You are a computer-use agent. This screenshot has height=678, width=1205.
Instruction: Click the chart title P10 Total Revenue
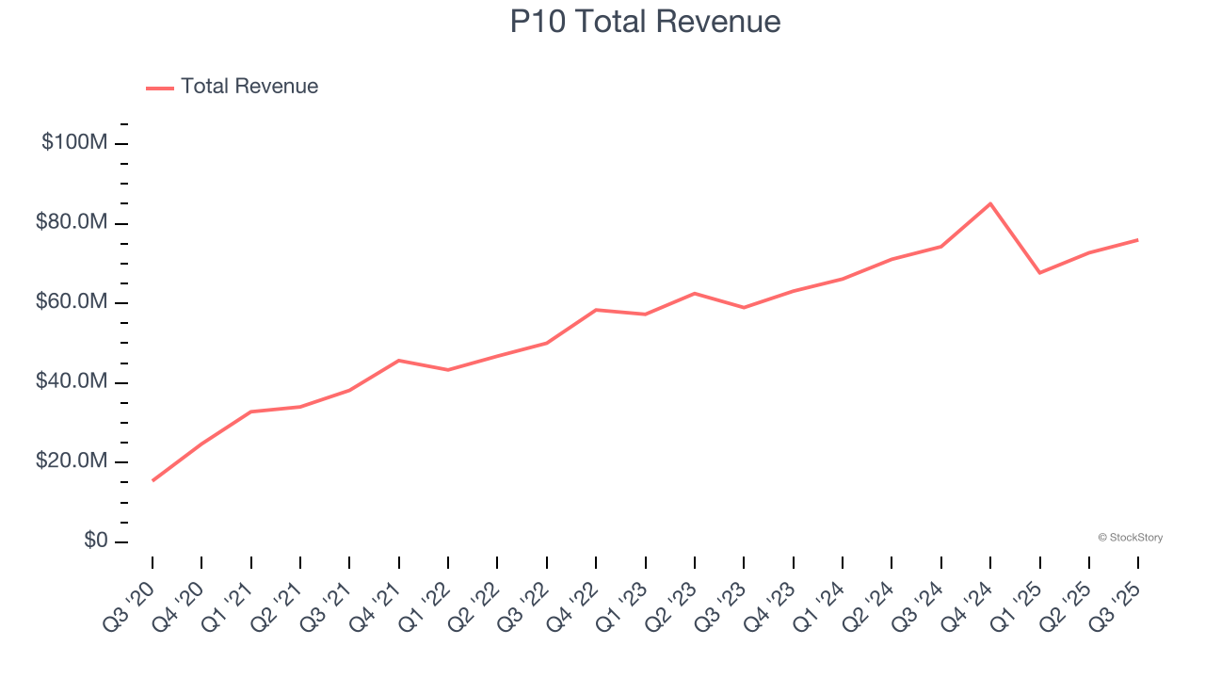click(645, 22)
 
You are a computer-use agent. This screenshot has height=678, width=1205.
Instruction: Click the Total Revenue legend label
click(249, 87)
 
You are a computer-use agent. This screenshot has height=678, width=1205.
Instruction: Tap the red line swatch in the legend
click(160, 88)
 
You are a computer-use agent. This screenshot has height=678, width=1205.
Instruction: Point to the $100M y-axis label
click(74, 143)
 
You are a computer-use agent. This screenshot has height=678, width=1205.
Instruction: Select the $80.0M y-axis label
click(72, 223)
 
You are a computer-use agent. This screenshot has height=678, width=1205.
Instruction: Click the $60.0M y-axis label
click(72, 302)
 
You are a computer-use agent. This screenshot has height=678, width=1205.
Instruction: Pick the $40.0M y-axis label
click(72, 382)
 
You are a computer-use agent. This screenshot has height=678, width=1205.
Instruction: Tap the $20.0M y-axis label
click(72, 461)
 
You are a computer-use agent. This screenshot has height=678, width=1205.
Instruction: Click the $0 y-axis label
click(96, 541)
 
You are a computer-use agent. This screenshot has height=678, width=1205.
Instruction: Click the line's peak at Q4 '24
click(990, 203)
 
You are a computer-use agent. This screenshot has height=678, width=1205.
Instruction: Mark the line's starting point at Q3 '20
click(153, 480)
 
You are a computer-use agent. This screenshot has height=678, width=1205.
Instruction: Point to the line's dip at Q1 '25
click(1039, 273)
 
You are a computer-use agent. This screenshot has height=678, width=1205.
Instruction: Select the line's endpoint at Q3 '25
click(1137, 240)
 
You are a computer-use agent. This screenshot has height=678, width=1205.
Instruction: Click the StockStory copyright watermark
click(1130, 538)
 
